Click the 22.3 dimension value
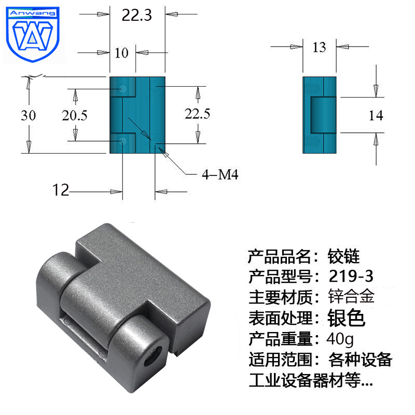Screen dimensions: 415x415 [136, 16]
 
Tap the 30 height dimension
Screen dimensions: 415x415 [29, 115]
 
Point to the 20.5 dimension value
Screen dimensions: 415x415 [75, 115]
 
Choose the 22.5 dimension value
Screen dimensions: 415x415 [197, 114]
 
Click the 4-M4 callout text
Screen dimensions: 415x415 [219, 174]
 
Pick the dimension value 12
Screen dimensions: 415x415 [61, 190]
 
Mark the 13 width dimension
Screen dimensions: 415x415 [320, 48]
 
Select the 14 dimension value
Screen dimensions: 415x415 [376, 115]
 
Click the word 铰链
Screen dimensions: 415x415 [343, 255]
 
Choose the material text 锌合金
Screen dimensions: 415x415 [351, 297]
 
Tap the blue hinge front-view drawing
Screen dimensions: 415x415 [137, 115]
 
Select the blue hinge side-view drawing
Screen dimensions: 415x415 [319, 115]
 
